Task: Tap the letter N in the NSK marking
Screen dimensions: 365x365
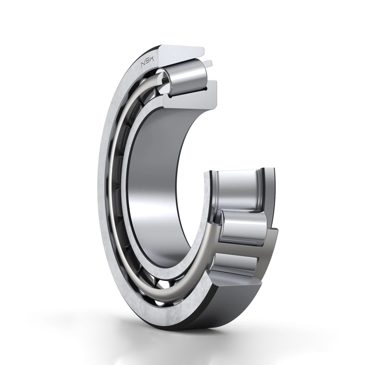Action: tap(143, 65)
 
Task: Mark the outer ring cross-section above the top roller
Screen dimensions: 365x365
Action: tap(181, 53)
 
